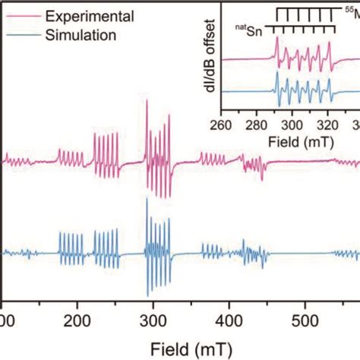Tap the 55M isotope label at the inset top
coord(349,11)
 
